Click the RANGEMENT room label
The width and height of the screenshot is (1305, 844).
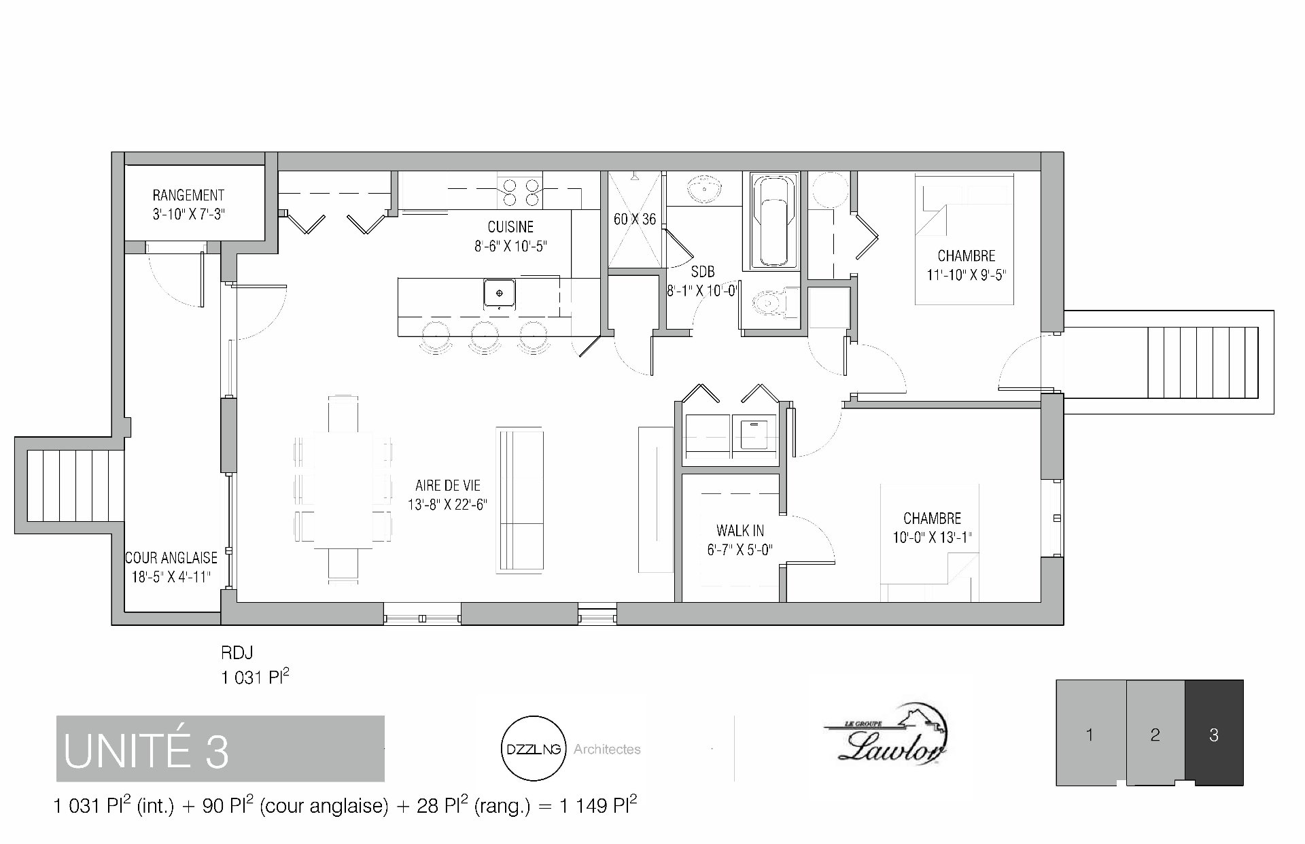point(188,196)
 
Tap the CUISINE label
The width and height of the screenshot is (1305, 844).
point(510,227)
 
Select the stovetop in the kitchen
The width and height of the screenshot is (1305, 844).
point(520,192)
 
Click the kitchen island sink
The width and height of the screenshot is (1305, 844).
point(500,294)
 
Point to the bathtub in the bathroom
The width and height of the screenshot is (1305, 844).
point(773,222)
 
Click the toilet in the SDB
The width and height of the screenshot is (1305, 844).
point(775,302)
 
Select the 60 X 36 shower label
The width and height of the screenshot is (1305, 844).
point(635,219)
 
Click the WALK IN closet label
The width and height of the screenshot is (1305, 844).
point(740,531)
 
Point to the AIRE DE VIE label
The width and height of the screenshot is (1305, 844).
point(448,486)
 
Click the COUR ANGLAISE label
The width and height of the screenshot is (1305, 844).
point(171,558)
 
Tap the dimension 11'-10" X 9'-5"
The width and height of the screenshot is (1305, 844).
point(966,275)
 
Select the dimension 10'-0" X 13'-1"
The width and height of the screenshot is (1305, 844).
point(932,538)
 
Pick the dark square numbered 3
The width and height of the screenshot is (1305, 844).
point(1214,733)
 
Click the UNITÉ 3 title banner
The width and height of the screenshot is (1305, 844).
point(220,748)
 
